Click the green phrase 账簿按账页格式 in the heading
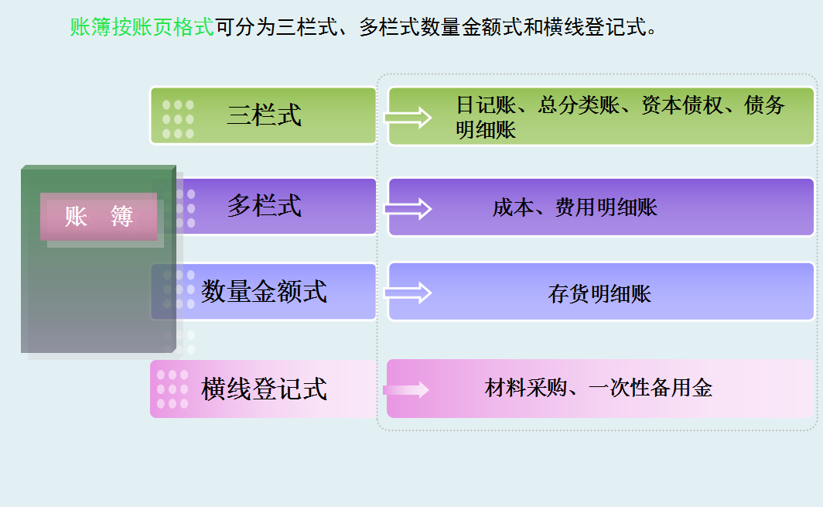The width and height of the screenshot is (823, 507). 142,29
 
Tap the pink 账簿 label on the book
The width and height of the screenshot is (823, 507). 99,217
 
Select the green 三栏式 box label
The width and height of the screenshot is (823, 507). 264,115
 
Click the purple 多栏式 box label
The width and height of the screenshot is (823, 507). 264,206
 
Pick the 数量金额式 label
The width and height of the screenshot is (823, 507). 264,292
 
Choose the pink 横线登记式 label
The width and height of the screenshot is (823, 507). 264,389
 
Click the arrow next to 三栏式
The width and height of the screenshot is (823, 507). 408,118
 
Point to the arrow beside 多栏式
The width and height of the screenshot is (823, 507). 408,208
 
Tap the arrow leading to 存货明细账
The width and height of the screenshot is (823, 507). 408,293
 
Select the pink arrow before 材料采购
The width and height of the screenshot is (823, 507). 406,389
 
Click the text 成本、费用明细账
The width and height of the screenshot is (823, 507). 575,207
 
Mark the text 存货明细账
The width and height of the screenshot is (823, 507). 599,294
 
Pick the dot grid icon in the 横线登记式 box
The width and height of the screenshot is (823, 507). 172,389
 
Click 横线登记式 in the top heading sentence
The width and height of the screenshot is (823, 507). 584,29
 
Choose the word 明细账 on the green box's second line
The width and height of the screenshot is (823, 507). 486,129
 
